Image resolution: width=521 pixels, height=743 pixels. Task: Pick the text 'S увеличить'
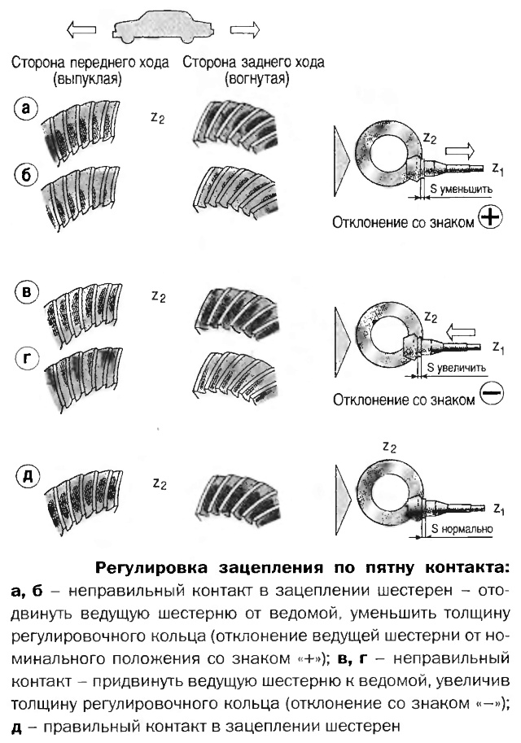[458, 367]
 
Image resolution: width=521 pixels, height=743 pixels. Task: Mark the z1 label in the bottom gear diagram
[498, 509]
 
